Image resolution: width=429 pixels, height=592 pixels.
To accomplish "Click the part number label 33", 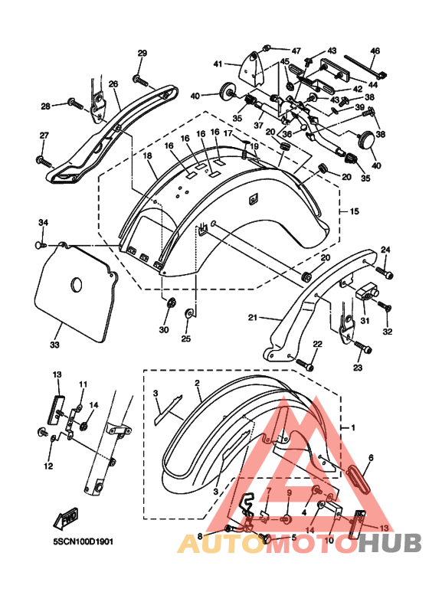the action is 54,345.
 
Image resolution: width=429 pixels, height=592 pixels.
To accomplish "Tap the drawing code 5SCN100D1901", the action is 83,541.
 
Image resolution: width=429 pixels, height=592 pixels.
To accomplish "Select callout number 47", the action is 296,51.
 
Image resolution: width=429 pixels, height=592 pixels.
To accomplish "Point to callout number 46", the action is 375,51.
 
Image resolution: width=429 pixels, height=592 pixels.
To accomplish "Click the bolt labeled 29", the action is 140,80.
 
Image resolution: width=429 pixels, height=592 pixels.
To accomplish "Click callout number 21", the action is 252,318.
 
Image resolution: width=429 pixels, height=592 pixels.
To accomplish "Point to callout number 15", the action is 354,211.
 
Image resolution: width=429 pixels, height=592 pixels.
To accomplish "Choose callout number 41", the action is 218,64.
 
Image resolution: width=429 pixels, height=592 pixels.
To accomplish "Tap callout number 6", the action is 371,457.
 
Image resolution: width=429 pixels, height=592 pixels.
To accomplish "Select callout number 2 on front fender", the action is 197,383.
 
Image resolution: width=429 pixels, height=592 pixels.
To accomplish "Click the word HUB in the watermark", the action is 389,543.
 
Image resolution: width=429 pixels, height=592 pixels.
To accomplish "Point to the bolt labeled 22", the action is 305,365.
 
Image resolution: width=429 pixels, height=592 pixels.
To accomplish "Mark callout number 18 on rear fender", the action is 147,156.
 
